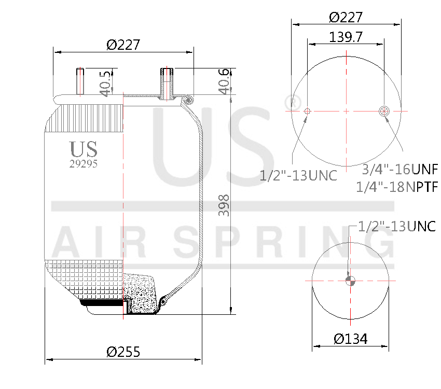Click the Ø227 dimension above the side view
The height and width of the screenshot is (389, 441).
coord(123,45)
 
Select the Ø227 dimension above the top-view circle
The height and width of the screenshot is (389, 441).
coord(346,17)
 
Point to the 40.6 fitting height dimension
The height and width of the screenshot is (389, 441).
coord(224,81)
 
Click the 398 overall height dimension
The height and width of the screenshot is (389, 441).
coord(224,205)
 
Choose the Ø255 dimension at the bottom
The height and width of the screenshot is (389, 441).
coord(123,352)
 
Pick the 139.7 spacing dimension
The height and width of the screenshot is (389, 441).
coord(346,37)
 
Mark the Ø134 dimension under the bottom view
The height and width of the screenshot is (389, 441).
coord(351,339)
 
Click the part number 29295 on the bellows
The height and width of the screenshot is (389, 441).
coord(84,163)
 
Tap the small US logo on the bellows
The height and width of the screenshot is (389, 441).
coord(84,149)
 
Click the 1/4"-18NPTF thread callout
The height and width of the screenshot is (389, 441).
coord(397,186)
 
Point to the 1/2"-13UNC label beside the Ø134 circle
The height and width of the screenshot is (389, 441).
coord(397,226)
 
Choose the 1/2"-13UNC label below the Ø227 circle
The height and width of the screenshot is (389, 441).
coord(298,175)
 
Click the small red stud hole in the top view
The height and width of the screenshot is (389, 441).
coord(308,111)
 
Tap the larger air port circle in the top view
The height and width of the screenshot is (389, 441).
coord(384,111)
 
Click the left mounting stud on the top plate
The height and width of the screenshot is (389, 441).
coord(80,82)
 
